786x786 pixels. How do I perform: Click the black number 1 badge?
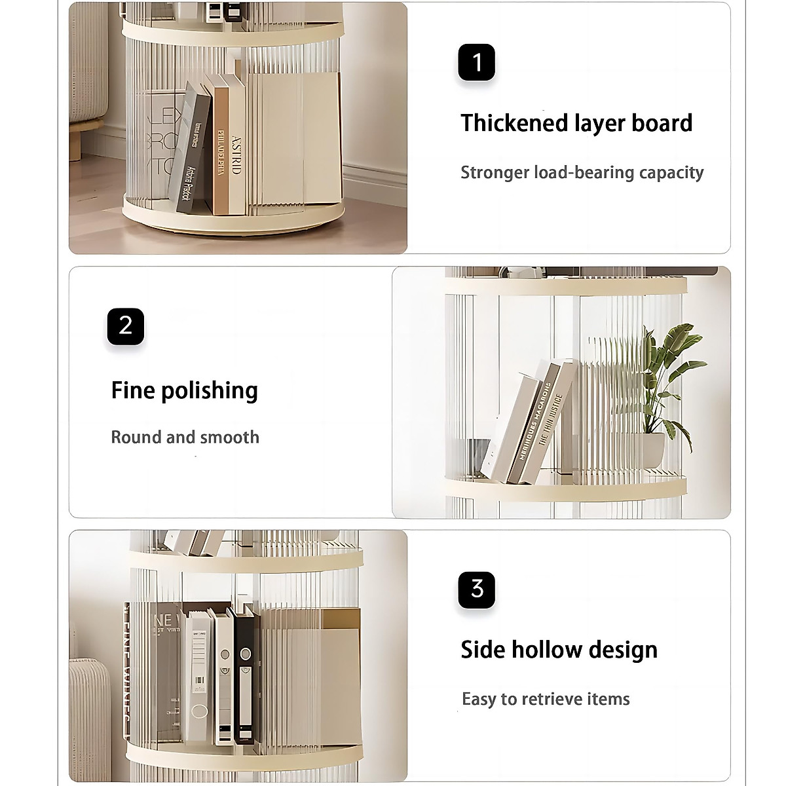(x=476, y=63)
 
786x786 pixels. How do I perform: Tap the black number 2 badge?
(x=125, y=326)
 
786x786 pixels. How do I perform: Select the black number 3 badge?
(x=476, y=589)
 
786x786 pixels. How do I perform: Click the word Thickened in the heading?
(x=514, y=123)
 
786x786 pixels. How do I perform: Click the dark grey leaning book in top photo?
(x=191, y=151)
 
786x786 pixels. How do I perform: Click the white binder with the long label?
(x=197, y=675)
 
